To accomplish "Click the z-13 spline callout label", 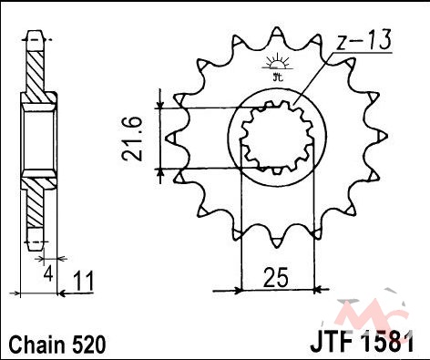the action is (x=363, y=40).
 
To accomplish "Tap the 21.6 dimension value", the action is (x=132, y=139).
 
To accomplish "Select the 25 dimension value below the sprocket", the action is (x=275, y=278).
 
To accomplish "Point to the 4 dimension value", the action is (x=48, y=275).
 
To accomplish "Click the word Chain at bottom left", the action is (x=37, y=345).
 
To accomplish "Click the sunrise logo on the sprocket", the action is (x=277, y=67).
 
